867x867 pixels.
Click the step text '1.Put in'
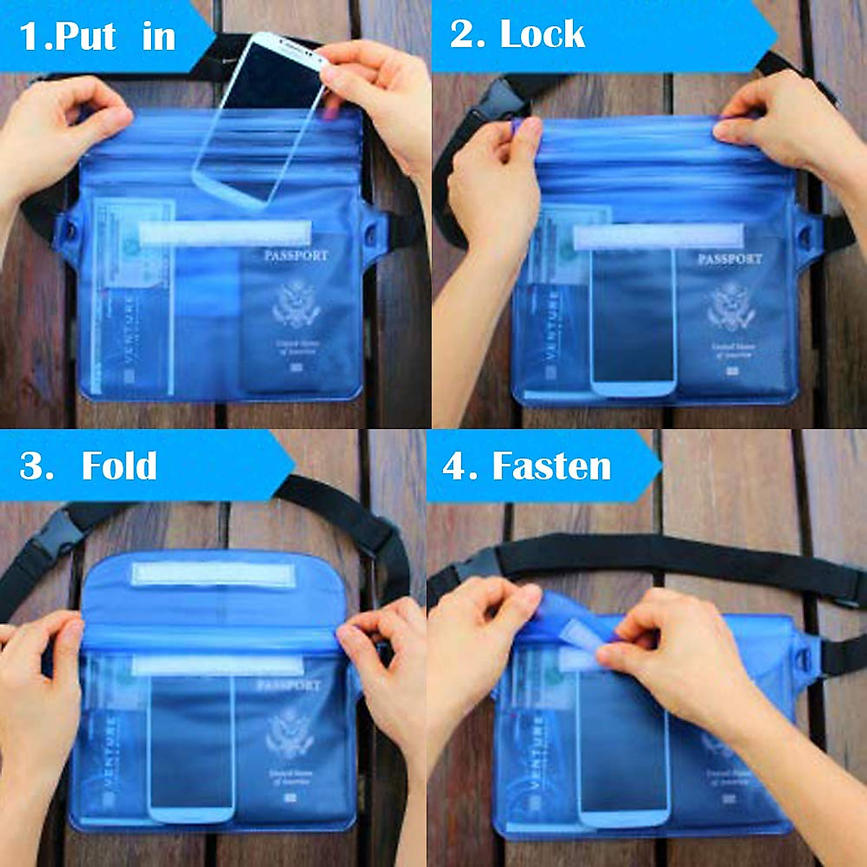click(x=98, y=36)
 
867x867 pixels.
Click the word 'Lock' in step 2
click(x=542, y=35)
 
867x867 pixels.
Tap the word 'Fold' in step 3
click(x=119, y=466)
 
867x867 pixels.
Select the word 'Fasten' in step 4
click(x=551, y=466)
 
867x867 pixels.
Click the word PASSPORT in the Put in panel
click(x=296, y=256)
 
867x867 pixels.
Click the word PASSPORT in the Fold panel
click(x=288, y=685)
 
